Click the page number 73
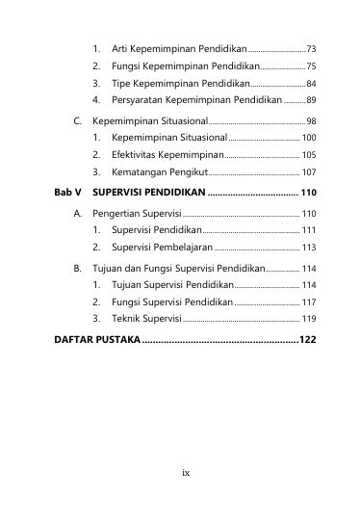click(x=311, y=48)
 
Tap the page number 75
click(x=311, y=66)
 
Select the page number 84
click(x=311, y=84)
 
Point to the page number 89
click(x=311, y=100)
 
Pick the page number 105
click(x=308, y=154)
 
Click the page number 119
click(x=308, y=318)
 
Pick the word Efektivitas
click(x=138, y=154)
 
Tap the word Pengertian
click(x=116, y=212)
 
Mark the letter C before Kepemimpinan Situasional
click(x=78, y=122)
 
